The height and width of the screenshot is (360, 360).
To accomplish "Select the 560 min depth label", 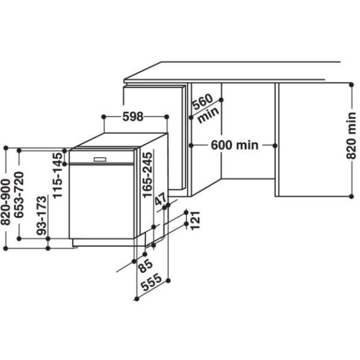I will (204, 108).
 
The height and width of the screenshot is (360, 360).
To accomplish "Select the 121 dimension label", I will (195, 220).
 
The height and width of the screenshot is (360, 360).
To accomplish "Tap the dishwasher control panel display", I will (100, 159).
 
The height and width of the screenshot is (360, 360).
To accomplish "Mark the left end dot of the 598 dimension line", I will (104, 116).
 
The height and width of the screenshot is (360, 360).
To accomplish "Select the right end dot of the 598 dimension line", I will (166, 116).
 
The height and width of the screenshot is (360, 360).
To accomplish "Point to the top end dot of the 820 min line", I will (352, 83).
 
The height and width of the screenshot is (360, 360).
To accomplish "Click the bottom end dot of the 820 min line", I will (352, 195).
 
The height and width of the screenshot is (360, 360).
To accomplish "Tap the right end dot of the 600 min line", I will (275, 145).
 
